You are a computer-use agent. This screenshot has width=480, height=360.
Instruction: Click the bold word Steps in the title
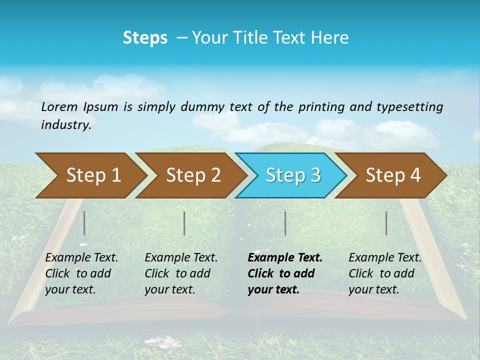tap(145, 38)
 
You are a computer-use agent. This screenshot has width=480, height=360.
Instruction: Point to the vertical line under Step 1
tap(84, 223)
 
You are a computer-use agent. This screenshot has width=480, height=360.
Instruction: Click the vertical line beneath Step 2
tap(184, 223)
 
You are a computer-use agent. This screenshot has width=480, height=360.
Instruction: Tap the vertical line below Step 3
tap(285, 223)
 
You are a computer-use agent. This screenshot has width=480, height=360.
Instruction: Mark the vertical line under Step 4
tap(386, 223)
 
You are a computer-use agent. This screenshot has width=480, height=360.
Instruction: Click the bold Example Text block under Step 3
tap(285, 273)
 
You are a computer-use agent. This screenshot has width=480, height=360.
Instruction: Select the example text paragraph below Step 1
tap(81, 273)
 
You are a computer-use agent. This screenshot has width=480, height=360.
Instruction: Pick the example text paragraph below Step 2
tap(181, 273)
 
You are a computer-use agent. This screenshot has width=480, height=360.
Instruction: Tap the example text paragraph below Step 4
tap(385, 273)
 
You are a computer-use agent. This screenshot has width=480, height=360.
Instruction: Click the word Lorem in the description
tap(59, 107)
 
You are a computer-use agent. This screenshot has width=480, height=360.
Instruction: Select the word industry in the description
tap(65, 125)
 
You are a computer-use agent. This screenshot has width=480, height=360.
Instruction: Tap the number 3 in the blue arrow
tap(315, 175)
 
